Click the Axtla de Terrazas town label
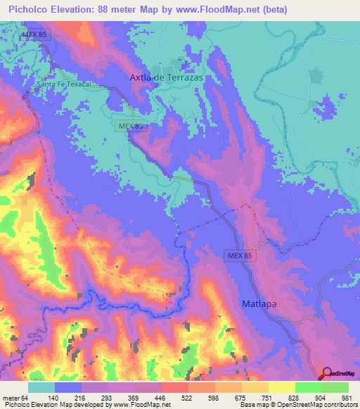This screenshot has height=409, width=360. [167, 78]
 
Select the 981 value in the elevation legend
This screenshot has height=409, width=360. [347, 398]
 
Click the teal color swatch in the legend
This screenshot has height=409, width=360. [41, 387]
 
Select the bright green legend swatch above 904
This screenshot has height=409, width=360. [308, 387]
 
